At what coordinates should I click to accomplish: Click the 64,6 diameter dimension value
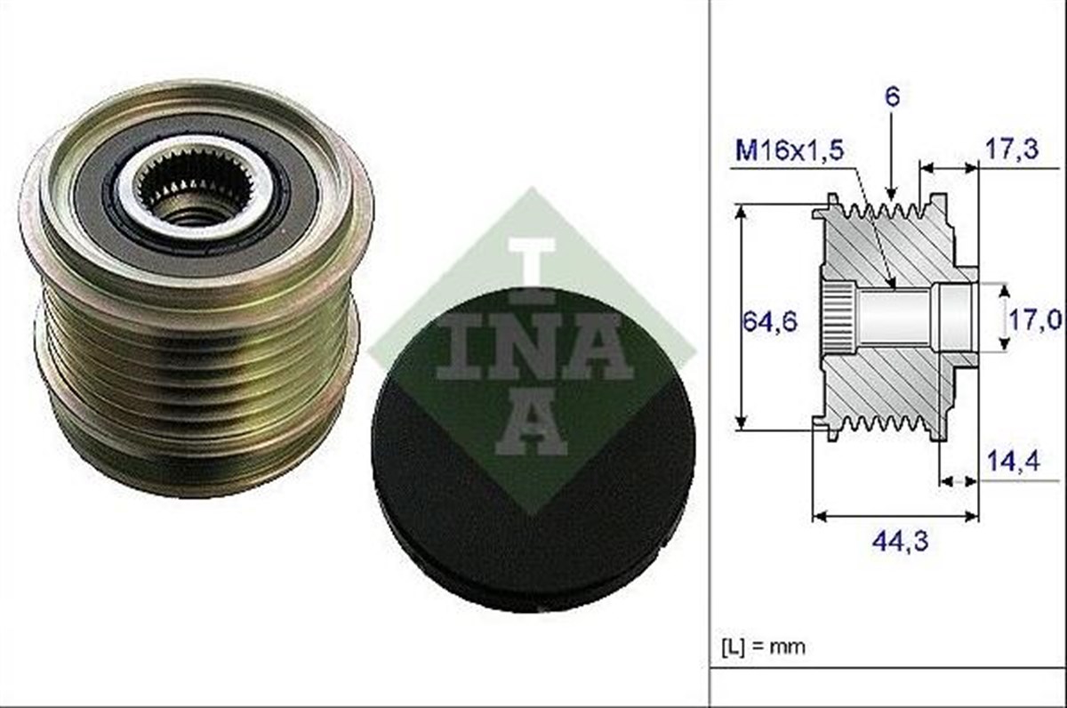pyautogui.click(x=770, y=323)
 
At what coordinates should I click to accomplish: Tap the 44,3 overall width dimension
pyautogui.click(x=900, y=542)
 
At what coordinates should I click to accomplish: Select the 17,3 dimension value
pyautogui.click(x=1011, y=149)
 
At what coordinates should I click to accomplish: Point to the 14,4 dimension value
pyautogui.click(x=1013, y=461)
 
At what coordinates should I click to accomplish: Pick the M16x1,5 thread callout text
pyautogui.click(x=790, y=150)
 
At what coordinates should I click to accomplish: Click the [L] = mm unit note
pyautogui.click(x=764, y=647)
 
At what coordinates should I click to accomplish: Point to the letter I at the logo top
pyautogui.click(x=532, y=271)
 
